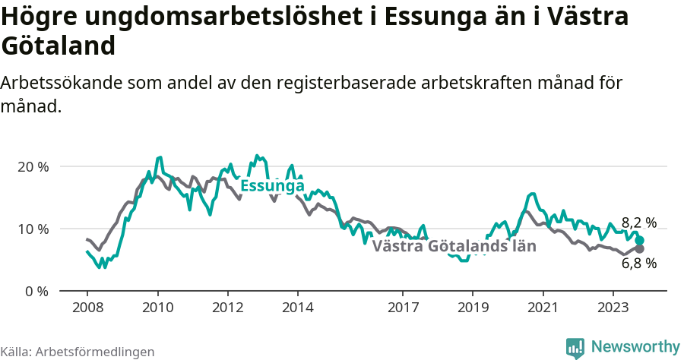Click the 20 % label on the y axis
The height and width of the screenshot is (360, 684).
[33, 166]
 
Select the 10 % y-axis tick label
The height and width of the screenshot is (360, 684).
[33, 229]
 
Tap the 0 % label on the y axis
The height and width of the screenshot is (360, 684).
[36, 291]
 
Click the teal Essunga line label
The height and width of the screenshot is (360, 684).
[272, 186]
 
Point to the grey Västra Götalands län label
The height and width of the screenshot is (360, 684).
[454, 246]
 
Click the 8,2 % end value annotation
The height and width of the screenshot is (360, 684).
[638, 223]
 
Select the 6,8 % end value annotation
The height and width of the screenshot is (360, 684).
[638, 264]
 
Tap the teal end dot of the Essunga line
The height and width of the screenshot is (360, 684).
[640, 240]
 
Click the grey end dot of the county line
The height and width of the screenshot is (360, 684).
[640, 249]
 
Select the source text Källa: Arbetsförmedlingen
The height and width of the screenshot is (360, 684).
[78, 352]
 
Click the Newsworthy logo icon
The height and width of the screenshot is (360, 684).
[575, 347]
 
